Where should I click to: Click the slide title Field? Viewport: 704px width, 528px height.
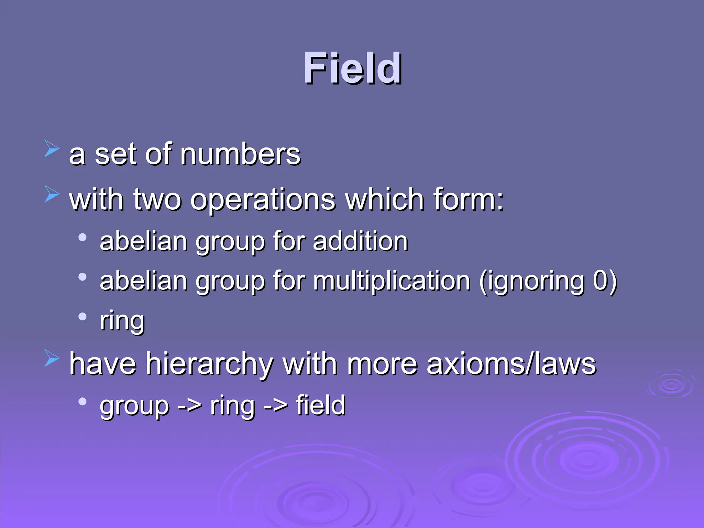coord(352,68)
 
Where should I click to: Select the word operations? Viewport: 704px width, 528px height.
coord(263,200)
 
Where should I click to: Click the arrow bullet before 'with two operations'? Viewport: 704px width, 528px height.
coord(52,194)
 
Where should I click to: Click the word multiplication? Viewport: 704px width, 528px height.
coord(392,281)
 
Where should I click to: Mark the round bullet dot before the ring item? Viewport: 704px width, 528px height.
coord(82,316)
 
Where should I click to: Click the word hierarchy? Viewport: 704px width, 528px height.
coord(210,364)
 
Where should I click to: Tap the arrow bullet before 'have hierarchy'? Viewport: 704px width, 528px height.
coord(52,358)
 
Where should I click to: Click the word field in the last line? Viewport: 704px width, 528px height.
coord(320,406)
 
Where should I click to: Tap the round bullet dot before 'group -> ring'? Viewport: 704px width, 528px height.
coord(82,401)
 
